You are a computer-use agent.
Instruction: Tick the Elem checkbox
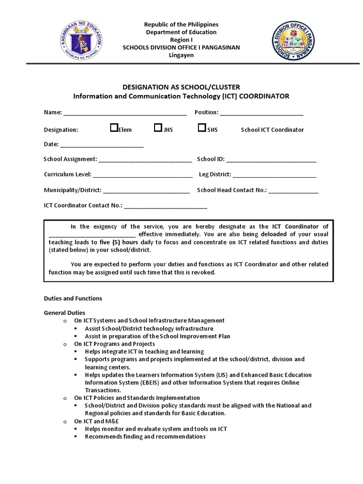coord(114,128)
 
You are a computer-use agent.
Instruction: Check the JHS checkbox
coord(158,128)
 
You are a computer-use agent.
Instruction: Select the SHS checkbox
coord(202,128)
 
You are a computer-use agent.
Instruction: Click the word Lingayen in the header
coord(181,55)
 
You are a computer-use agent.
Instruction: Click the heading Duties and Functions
coord(73,299)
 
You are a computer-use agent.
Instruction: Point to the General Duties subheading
coord(65,313)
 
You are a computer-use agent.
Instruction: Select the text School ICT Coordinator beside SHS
coord(272,130)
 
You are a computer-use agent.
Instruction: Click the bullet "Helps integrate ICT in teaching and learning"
coord(144,352)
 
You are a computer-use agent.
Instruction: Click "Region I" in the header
coord(181,40)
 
